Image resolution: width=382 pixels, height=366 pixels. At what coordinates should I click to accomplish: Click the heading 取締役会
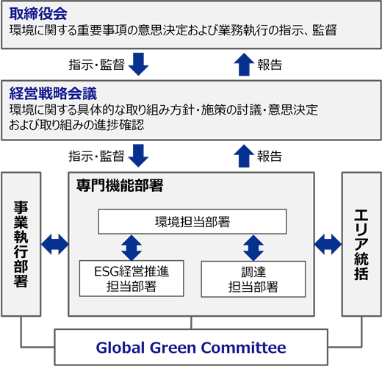(38, 14)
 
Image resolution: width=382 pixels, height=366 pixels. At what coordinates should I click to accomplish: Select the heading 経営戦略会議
(53, 93)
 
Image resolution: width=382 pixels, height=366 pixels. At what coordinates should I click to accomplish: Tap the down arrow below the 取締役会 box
(138, 64)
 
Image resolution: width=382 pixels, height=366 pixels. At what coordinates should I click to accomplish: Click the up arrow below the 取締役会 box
(244, 64)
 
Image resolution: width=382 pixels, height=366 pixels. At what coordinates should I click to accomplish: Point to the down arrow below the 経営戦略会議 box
(138, 156)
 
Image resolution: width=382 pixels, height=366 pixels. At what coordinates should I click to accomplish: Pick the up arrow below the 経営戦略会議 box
(244, 156)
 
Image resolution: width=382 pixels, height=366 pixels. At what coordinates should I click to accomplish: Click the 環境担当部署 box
(192, 221)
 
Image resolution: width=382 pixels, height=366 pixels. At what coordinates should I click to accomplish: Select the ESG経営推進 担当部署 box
(131, 279)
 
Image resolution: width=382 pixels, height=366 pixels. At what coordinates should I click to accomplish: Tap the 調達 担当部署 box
(253, 279)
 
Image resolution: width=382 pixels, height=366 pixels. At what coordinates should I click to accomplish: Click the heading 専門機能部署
(120, 185)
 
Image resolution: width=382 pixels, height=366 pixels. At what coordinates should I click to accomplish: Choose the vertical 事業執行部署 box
(21, 244)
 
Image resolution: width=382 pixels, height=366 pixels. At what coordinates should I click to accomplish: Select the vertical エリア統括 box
(361, 244)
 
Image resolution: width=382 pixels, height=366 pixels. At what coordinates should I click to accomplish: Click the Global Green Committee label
(191, 348)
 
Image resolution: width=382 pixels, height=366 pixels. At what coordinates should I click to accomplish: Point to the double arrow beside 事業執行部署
(55, 244)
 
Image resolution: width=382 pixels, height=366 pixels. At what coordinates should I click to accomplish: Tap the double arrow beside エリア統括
(328, 244)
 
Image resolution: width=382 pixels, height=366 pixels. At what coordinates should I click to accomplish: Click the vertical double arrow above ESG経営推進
(131, 248)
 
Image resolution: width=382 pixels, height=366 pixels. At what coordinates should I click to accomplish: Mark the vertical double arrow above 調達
(253, 248)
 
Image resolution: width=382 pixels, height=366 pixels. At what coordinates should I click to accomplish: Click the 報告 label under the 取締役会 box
(270, 65)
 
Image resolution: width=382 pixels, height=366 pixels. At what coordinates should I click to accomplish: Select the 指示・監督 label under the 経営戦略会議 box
(96, 157)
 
